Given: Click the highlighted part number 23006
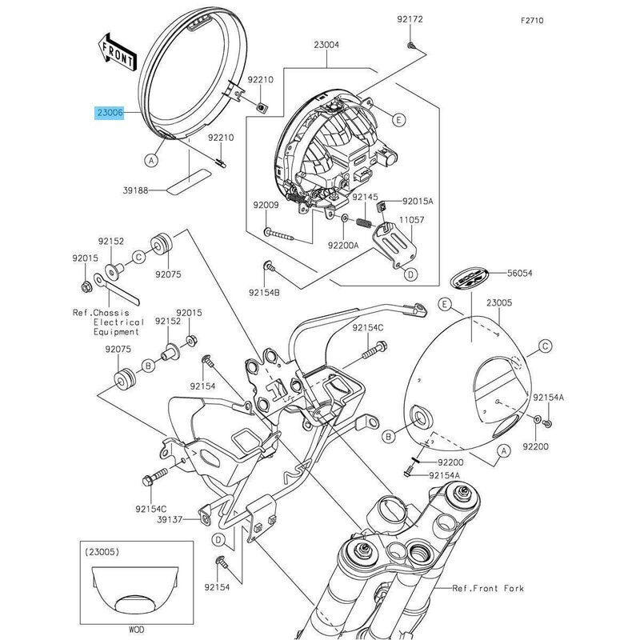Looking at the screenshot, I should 110,114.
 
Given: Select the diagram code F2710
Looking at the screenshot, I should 531,22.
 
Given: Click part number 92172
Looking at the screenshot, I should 409,18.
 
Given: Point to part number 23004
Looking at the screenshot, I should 326,46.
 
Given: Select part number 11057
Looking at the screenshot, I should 412,218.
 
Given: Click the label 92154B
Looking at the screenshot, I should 263,293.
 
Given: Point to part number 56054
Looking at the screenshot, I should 519,273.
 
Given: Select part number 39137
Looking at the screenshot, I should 170,519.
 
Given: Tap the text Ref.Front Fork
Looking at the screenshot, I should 487,588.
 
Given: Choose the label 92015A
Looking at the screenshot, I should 418,202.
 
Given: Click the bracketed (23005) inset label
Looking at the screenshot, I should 101,550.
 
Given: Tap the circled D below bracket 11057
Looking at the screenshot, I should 410,274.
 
